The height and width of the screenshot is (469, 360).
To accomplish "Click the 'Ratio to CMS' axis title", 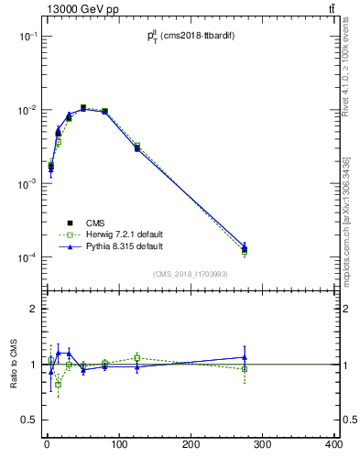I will click(15, 364).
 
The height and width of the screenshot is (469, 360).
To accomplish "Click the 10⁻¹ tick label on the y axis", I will click(27, 37).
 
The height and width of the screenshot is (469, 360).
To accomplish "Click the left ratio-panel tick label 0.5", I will click(29, 420).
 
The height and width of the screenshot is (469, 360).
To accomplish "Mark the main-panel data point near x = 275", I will click(245, 248).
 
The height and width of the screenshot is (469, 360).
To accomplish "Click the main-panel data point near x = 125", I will click(136, 147).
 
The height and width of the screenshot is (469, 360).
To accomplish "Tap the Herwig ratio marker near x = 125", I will click(136, 357).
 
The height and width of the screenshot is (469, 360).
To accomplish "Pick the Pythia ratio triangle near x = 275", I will click(245, 357).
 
